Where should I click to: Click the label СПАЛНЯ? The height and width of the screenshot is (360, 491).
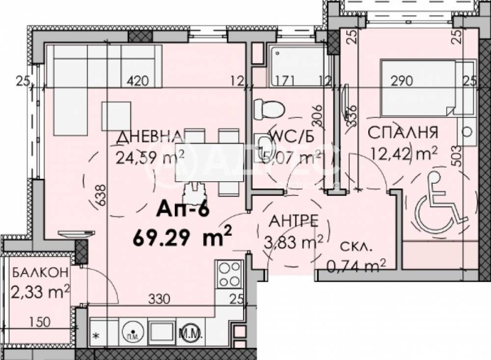pos(402,131)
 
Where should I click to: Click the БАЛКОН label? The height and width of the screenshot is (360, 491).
pos(40,271)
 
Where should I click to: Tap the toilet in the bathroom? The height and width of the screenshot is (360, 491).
pos(269,109)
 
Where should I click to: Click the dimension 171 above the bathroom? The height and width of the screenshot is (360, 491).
pos(285,80)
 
